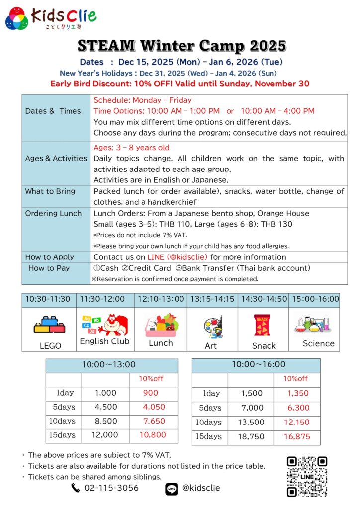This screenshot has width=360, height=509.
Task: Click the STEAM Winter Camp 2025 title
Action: pyautogui.click(x=182, y=46)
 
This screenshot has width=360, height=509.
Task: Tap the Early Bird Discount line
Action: pyautogui.click(x=180, y=83)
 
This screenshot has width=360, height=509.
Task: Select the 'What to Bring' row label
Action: pyautogui.click(x=50, y=191)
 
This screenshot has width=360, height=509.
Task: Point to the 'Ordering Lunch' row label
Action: pyautogui.click(x=53, y=213)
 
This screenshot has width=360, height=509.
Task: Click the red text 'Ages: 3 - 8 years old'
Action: pyautogui.click(x=131, y=148)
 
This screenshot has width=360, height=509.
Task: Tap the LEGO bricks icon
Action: pyautogui.click(x=49, y=325)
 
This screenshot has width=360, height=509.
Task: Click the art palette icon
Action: pyautogui.click(x=212, y=326)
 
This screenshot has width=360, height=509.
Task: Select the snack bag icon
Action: pyautogui.click(x=262, y=325)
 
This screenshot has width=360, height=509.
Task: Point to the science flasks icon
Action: pyautogui.click(x=313, y=324)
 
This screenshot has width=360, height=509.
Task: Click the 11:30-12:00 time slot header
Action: pyautogui.click(x=105, y=299)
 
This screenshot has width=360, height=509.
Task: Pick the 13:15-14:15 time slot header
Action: pyautogui.click(x=212, y=299)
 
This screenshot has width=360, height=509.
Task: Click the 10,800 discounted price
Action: pyautogui.click(x=154, y=435)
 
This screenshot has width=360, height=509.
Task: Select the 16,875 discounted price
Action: pyautogui.click(x=297, y=437)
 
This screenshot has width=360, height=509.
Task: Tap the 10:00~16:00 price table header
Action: pyautogui.click(x=256, y=365)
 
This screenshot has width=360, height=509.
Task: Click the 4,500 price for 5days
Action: pyautogui.click(x=105, y=407)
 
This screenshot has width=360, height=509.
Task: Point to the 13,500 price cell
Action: pyautogui.click(x=252, y=423)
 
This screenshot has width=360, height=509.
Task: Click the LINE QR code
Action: pyautogui.click(x=307, y=476)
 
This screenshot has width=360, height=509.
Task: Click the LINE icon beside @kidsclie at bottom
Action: pyautogui.click(x=171, y=489)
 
